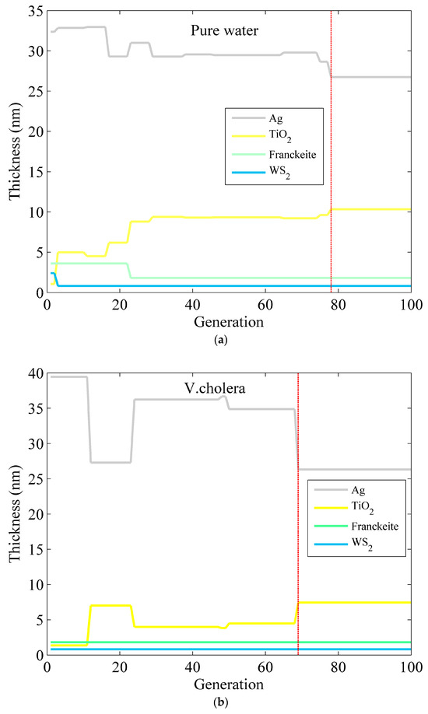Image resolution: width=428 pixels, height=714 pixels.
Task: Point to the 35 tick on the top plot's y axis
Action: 34,11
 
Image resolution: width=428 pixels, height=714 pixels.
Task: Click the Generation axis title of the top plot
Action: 229,319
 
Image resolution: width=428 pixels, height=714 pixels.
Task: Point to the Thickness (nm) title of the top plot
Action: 14,152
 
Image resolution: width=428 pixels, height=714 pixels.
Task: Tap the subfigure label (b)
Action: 228,702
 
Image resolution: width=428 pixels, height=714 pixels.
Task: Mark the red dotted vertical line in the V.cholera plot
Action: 298,513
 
